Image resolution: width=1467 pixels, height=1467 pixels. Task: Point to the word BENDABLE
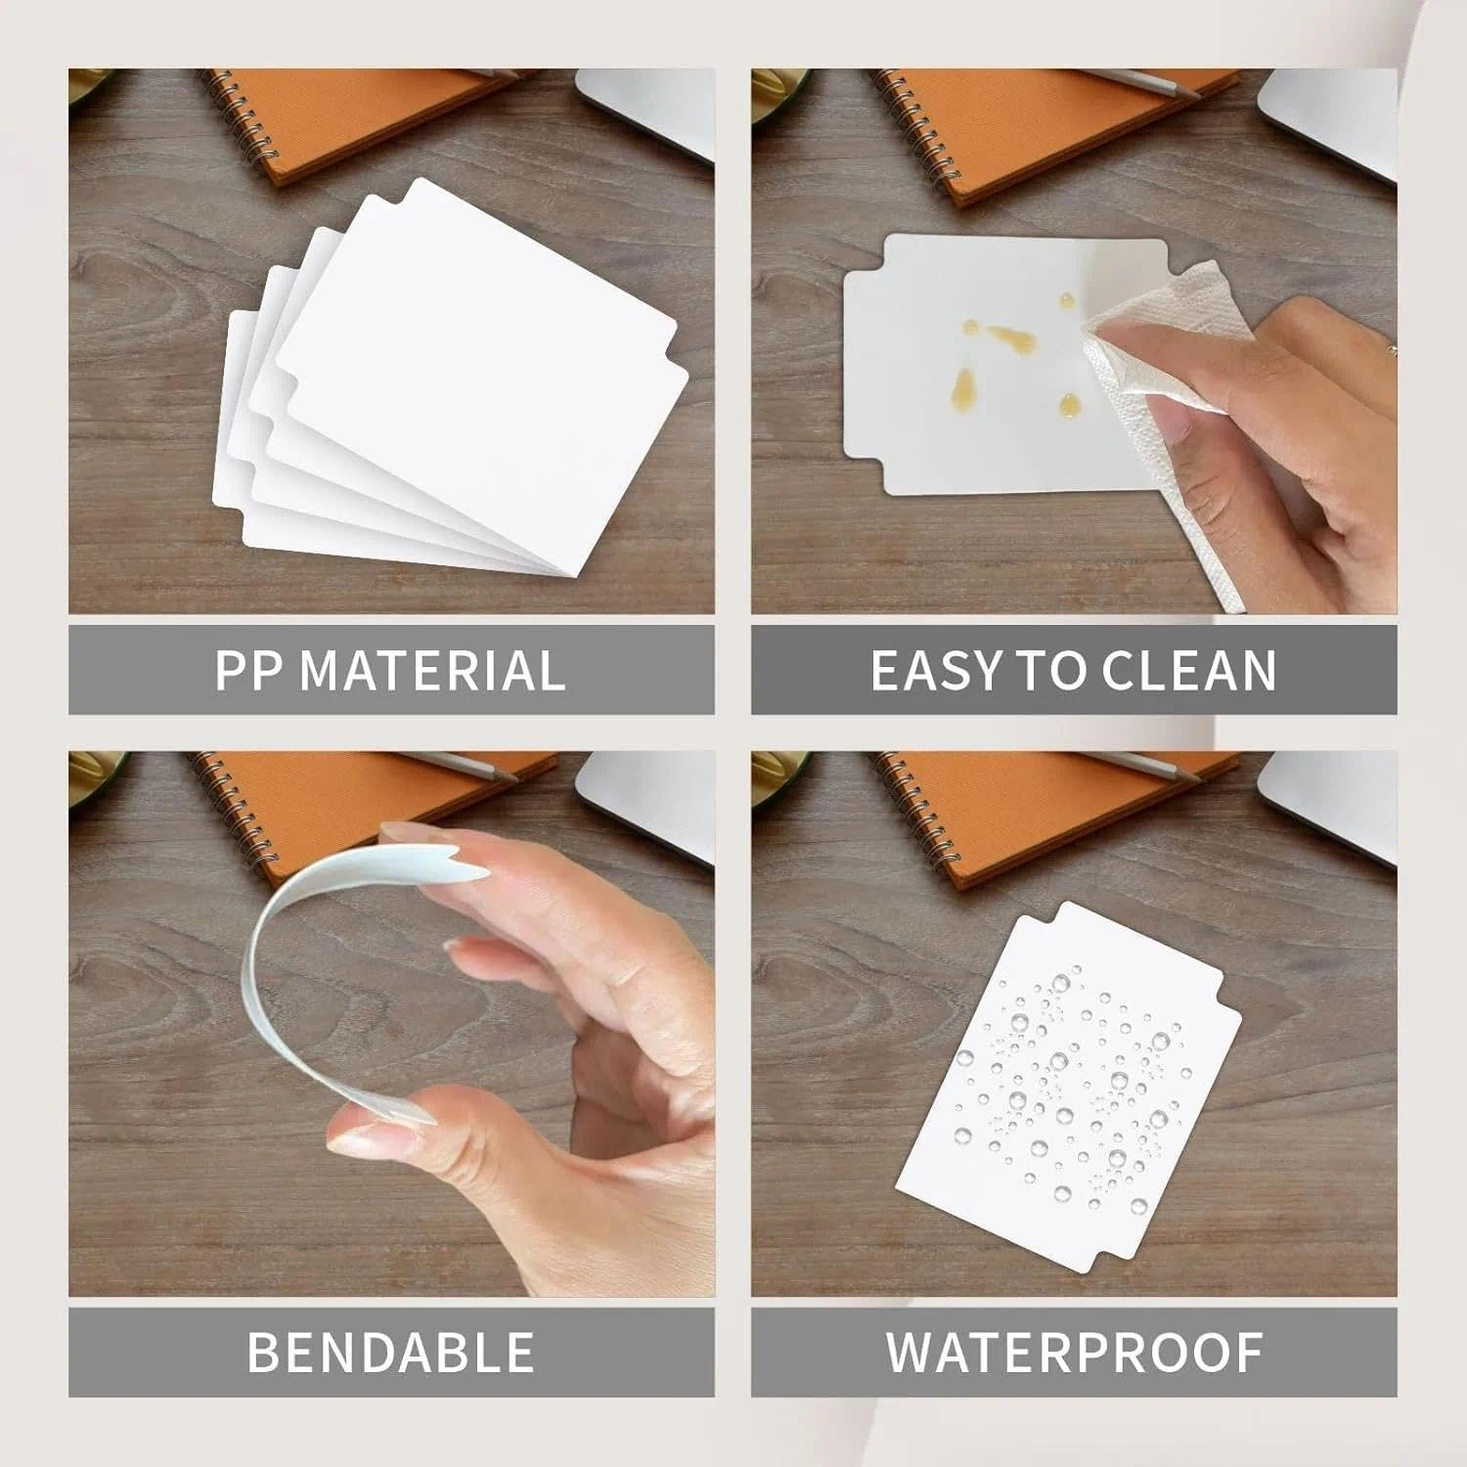[x=390, y=1352]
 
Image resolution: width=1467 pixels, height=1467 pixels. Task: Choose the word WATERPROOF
[x=1074, y=1352]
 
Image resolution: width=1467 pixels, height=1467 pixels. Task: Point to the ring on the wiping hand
[x=1391, y=347]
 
